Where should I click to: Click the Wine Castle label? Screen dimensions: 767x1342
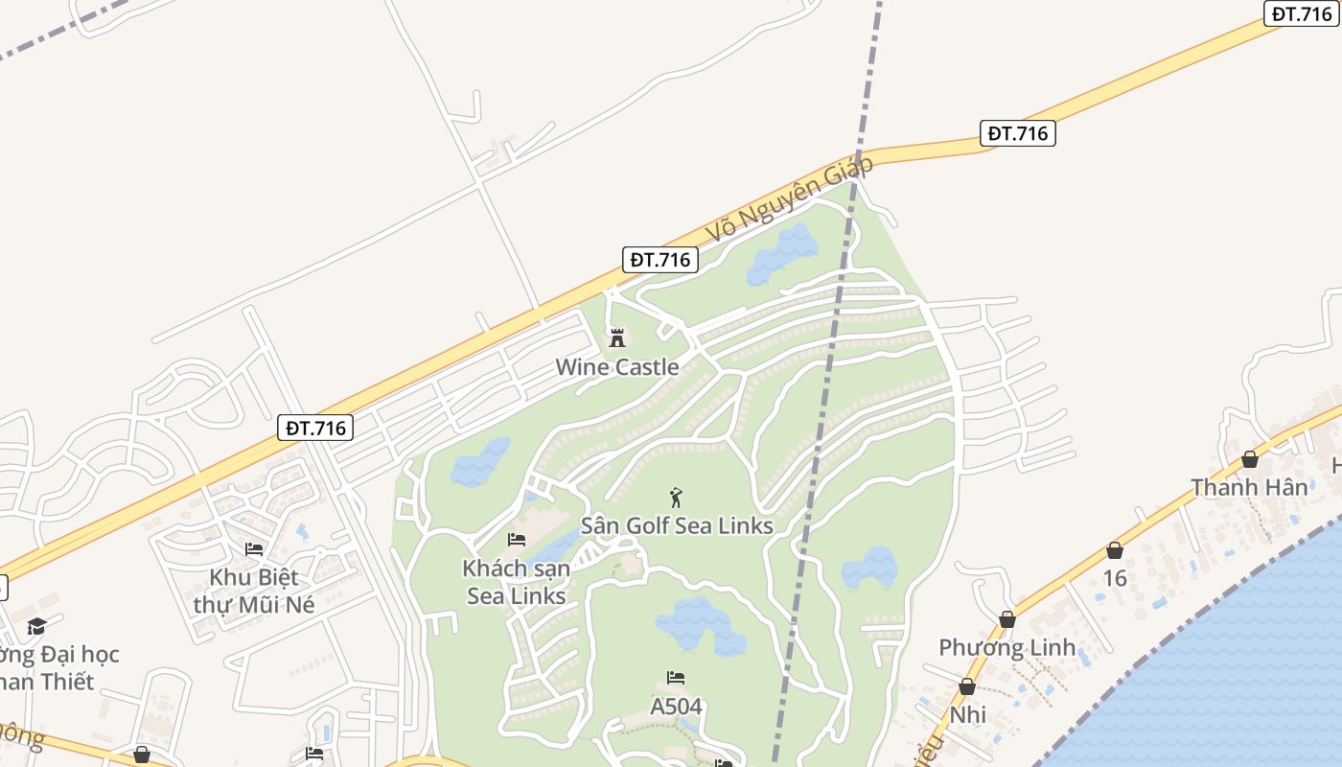[x=617, y=367]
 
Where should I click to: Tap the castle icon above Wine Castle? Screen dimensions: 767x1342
[x=617, y=337]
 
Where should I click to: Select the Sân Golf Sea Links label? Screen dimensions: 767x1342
[x=677, y=526]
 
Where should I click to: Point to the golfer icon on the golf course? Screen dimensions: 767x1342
[x=677, y=498]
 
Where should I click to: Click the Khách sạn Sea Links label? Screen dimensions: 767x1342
[x=516, y=582]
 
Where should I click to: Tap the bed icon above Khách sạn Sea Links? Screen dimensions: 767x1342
[x=517, y=540]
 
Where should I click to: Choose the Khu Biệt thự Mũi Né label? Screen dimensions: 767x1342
[x=254, y=591]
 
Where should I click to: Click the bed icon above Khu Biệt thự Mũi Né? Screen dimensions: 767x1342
[x=254, y=549]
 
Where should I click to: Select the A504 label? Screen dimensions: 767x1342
[x=676, y=707]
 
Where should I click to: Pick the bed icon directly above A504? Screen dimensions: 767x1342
[x=676, y=678]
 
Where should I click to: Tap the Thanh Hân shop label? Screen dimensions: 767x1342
[x=1249, y=487]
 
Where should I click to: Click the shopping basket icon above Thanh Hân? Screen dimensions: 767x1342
[x=1250, y=459]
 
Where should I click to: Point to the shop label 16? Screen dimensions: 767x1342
[x=1115, y=578]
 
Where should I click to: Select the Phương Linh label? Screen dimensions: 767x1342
[x=1006, y=647]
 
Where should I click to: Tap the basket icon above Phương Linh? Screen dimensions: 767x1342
[x=1006, y=619]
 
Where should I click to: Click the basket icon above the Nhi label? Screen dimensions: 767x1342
[x=967, y=686]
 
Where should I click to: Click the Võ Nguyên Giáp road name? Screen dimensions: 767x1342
[x=790, y=200]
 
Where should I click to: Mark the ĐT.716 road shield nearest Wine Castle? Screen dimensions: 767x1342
[x=660, y=259]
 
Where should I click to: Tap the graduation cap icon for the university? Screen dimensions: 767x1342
[x=36, y=626]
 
